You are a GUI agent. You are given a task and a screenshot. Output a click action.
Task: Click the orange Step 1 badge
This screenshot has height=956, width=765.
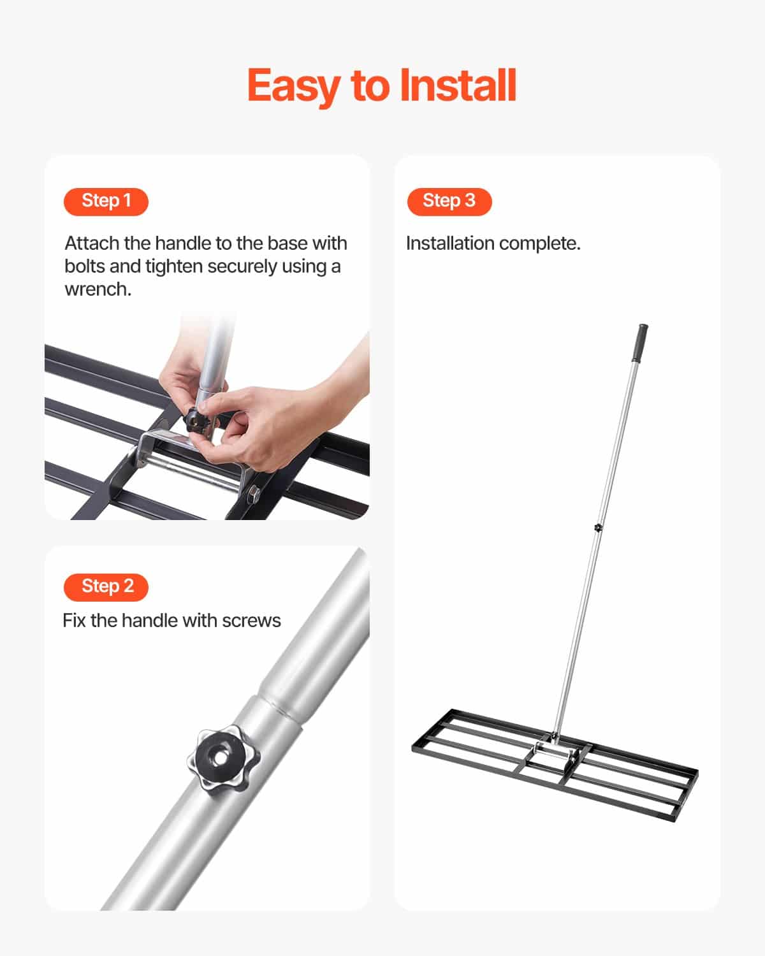(106, 201)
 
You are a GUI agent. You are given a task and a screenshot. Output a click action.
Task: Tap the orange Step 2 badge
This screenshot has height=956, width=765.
(106, 587)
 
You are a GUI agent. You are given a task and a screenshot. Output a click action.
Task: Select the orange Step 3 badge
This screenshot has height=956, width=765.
(449, 201)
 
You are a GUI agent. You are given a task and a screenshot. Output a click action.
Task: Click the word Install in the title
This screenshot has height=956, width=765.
(458, 86)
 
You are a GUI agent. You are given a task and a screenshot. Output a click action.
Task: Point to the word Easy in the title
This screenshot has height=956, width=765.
(295, 87)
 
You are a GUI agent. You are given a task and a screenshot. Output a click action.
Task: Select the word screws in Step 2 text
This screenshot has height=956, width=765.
(252, 621)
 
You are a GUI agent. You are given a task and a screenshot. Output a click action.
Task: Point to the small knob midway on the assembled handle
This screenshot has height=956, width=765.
(598, 527)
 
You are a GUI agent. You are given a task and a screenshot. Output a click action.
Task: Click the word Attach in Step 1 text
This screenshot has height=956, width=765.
(92, 243)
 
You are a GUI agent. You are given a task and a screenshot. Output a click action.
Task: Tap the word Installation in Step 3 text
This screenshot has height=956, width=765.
(450, 243)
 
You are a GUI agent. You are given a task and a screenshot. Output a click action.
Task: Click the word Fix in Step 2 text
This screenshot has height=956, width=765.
(74, 621)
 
